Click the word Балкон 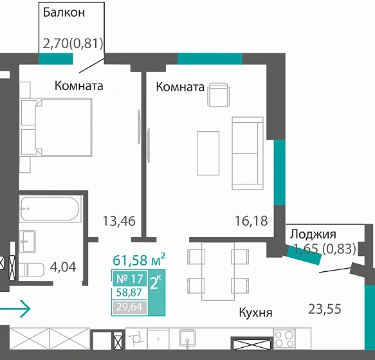click(64, 12)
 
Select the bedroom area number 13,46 click(119, 222)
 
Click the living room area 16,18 click(251, 222)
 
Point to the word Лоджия click(313, 234)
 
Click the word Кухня click(255, 313)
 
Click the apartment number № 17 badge click(129, 279)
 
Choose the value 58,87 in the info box click(129, 293)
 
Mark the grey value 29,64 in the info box click(129, 307)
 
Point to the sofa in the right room click(248, 153)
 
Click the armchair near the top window click(217, 96)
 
